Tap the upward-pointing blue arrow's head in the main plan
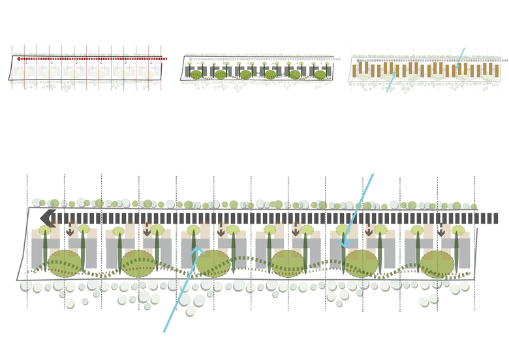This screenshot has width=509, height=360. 197,249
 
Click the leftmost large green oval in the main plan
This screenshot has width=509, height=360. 65,263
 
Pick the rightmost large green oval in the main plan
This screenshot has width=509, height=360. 437,264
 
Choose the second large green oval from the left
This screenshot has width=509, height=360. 138,263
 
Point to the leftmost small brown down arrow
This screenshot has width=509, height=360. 70,231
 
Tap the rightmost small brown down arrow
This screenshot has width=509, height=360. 441,231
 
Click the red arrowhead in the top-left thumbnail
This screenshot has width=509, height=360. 20,59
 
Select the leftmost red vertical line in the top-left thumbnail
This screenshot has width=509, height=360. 12,65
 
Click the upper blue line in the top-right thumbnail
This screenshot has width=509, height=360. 461,55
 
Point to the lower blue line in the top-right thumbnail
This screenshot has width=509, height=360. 390,83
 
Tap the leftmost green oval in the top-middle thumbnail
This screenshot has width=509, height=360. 196,74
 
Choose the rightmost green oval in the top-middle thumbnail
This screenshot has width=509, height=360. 320,74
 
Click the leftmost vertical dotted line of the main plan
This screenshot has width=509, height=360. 27,241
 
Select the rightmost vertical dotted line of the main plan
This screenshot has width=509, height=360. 474,241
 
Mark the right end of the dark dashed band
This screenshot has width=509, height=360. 495,218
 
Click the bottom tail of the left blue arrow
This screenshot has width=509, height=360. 164,331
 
